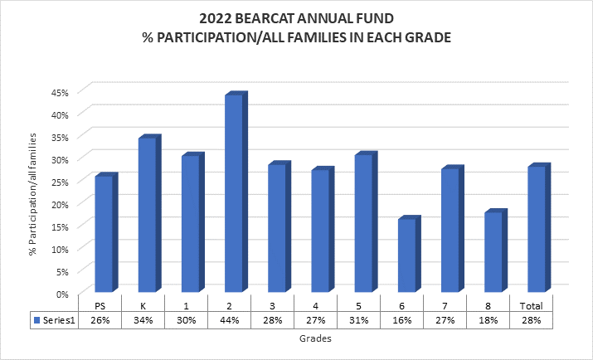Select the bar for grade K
147,215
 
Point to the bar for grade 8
493,252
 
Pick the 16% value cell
402,320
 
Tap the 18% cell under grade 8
488,320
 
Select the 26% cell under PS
100,320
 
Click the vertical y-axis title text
34,191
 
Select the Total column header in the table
532,304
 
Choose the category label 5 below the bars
359,304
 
